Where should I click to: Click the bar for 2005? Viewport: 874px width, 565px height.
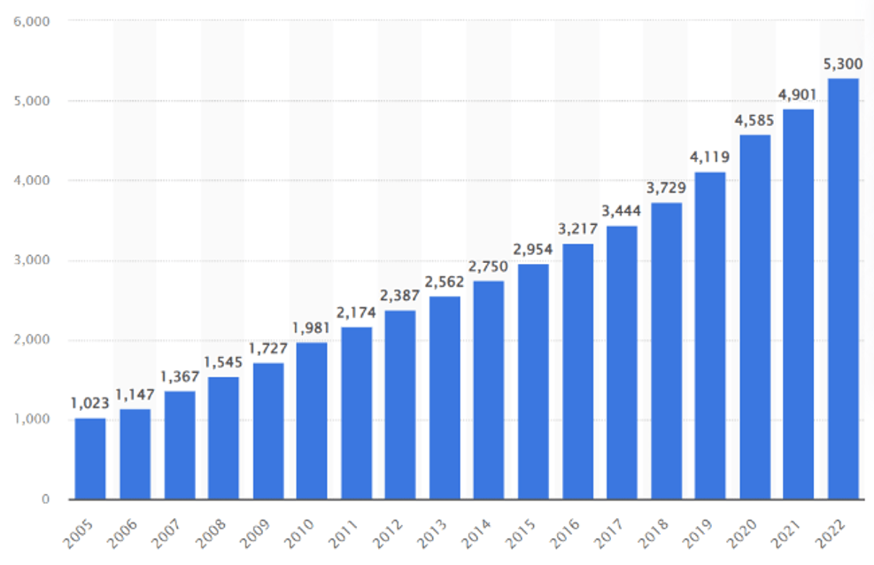(x=90, y=458)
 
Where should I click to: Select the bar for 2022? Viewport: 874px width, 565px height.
(x=843, y=289)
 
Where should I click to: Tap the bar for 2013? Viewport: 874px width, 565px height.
(x=445, y=397)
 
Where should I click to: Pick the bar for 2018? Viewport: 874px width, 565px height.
(x=666, y=351)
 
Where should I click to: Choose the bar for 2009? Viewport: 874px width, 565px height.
(x=267, y=430)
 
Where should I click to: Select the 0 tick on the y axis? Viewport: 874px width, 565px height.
(x=43, y=499)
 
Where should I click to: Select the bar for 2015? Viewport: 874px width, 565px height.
(x=533, y=381)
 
